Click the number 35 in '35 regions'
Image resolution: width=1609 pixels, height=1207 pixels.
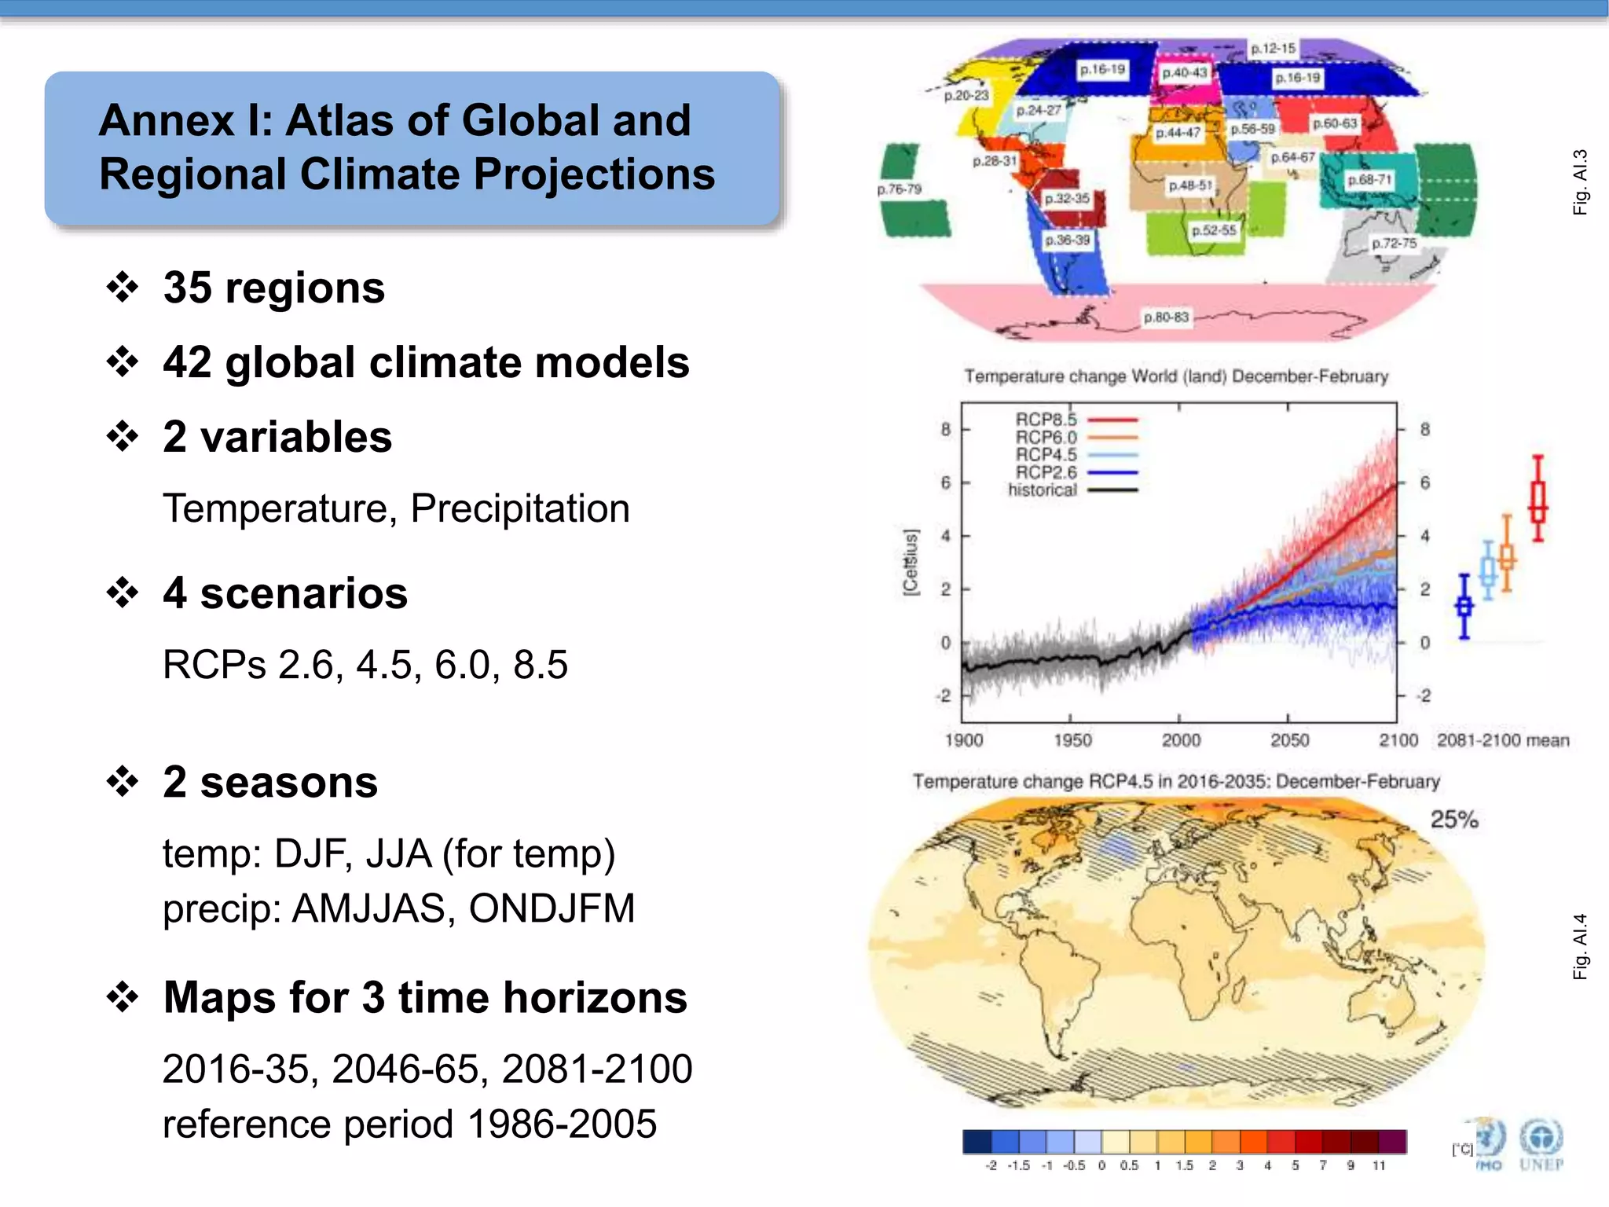[188, 288]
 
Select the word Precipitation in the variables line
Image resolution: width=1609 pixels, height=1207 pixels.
[519, 508]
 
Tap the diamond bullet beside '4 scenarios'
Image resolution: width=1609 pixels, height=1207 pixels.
[123, 592]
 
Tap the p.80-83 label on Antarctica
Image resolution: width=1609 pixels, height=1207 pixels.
[1166, 317]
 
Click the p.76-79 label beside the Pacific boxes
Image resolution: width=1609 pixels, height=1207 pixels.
[899, 189]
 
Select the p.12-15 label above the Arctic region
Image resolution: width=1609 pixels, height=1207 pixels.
[1273, 49]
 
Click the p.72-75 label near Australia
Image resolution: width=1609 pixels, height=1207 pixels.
[1394, 244]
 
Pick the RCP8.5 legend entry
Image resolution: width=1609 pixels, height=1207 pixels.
[1046, 420]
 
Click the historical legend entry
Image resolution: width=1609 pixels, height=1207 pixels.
[1043, 490]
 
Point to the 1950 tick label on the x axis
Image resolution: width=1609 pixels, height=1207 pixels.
[1072, 740]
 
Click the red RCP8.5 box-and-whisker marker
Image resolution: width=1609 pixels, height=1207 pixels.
[1538, 500]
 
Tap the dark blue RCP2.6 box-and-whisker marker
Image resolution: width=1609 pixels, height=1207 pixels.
[1464, 607]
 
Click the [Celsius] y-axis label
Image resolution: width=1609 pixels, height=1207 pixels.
[910, 563]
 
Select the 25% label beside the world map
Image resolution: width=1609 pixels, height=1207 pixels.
[1454, 820]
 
